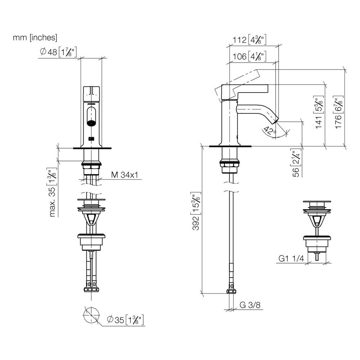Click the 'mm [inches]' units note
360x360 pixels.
[35, 37]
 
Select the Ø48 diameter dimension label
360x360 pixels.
[58, 52]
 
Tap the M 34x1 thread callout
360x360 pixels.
[125, 175]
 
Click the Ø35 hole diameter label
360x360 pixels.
[125, 320]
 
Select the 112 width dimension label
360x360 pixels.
[249, 40]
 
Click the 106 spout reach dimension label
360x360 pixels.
[249, 56]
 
